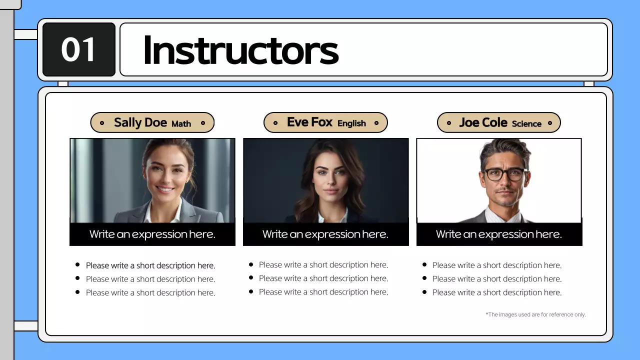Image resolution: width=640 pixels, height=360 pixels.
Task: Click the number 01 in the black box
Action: coord(78,49)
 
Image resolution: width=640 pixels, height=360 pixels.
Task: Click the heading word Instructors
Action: coord(240,50)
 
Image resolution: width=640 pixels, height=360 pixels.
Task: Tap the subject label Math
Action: coord(181,123)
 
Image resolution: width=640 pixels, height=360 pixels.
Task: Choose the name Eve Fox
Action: coord(309,122)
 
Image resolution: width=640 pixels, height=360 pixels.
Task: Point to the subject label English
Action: coord(351,123)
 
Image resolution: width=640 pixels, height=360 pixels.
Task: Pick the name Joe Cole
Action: coord(483,122)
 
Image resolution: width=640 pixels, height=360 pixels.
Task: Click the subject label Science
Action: coord(526,123)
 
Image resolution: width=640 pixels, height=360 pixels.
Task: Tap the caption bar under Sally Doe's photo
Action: coord(152,234)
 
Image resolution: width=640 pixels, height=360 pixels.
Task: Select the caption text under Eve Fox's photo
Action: coord(325,234)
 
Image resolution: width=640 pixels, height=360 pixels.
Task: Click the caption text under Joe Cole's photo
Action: coord(498,234)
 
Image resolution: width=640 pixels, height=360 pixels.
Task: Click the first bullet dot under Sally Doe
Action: coord(77,264)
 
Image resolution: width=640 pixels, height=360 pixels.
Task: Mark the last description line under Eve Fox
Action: coord(323,292)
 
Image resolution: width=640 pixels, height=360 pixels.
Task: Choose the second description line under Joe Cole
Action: coord(496,279)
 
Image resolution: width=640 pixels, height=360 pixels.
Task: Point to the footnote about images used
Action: coord(535,314)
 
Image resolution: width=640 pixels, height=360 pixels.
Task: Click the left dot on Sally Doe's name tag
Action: coord(102,123)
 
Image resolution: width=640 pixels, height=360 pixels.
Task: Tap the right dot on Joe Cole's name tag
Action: coord(550,123)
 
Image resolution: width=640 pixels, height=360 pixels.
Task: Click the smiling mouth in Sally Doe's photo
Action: coord(165,190)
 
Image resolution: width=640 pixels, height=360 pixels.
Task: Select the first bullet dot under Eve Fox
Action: coord(251,264)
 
